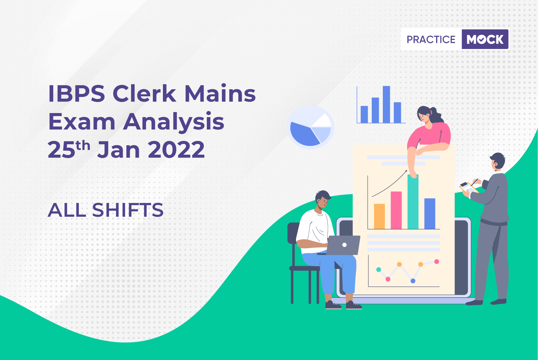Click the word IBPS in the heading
coord(76,94)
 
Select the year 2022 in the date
coord(176,150)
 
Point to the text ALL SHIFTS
coord(106,210)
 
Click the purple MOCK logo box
coord(485,39)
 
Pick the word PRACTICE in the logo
coord(431,39)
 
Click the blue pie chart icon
coord(310,127)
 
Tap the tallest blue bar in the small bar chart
coord(386,104)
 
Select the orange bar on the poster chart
coord(379,216)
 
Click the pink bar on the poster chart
coord(396,210)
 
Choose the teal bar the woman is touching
coord(413,202)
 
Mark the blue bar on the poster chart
coord(430,214)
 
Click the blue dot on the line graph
coord(413,281)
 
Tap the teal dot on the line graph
coord(378,270)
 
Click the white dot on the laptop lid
coord(344,245)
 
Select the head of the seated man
coord(322,200)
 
